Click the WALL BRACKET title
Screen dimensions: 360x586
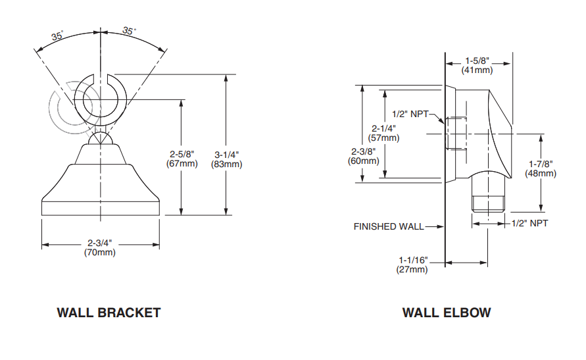coord(109,313)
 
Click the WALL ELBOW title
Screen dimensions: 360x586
coord(446,313)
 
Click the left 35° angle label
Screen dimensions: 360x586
coord(57,37)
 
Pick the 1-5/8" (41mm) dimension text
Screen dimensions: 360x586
coord(477,64)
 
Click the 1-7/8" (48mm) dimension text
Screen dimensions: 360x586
coord(541,168)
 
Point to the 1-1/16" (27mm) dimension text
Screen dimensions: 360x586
coord(412,264)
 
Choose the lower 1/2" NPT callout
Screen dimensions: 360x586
coord(529,223)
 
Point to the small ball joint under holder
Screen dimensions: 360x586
coord(101,139)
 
